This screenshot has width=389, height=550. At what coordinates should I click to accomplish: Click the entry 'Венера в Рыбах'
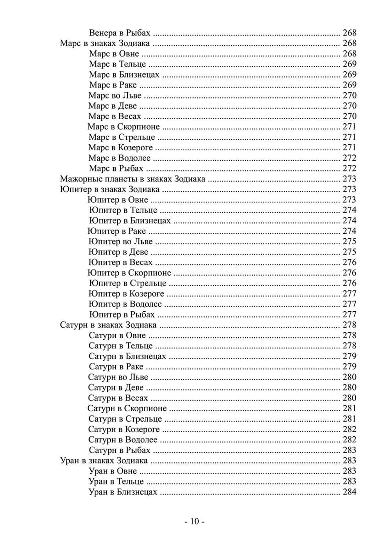point(121,33)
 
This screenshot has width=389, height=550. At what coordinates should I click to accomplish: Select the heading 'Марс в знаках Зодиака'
point(105,44)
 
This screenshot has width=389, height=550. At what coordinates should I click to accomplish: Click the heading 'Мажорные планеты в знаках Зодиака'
point(133,179)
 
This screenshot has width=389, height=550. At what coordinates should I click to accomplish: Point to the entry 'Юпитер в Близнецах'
point(130,221)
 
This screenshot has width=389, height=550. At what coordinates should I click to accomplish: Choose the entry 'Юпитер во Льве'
point(121,242)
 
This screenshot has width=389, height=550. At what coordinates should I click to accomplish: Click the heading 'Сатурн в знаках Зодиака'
point(108,325)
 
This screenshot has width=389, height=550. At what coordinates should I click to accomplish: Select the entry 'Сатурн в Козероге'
point(124,429)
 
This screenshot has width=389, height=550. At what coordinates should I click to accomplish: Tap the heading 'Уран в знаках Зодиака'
point(104,461)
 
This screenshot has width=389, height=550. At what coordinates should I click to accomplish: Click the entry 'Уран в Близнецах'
point(122,492)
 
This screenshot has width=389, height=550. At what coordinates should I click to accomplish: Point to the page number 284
point(350,492)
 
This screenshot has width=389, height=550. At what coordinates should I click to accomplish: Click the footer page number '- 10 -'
point(194,522)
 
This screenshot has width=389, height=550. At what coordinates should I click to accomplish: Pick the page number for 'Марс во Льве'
point(350,96)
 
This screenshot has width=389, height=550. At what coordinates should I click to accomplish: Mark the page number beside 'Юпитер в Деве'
point(350,252)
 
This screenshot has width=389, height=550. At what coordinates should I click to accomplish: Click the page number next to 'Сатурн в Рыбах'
point(350,450)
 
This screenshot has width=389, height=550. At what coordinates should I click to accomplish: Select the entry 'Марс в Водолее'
point(119,158)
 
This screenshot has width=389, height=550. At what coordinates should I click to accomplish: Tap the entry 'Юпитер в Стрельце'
point(128,283)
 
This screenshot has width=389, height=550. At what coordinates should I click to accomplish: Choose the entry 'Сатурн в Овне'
point(117,335)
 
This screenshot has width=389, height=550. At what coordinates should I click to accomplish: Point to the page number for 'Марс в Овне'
point(350,54)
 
